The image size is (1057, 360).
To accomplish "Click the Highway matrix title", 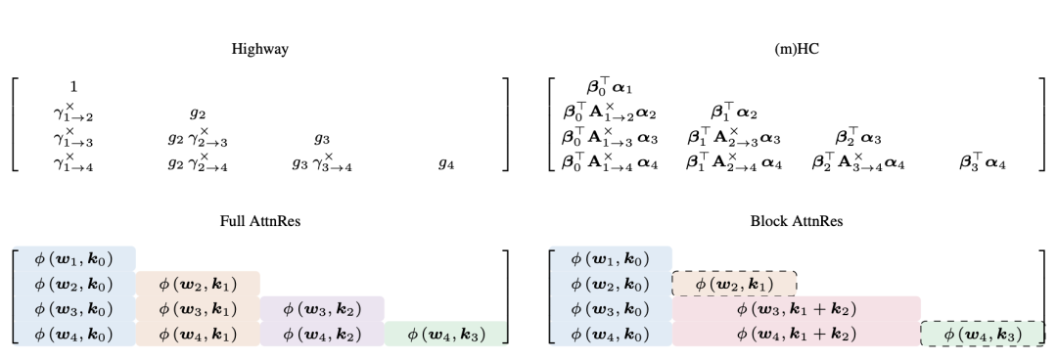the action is click(x=260, y=49).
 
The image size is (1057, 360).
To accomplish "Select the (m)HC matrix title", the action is click(x=797, y=49).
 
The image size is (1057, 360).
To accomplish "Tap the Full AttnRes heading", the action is click(x=260, y=221).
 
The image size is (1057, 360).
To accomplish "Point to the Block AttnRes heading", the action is click(x=797, y=221).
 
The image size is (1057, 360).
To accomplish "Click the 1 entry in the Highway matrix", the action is click(x=73, y=86).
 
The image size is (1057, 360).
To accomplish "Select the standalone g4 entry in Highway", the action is click(x=446, y=163).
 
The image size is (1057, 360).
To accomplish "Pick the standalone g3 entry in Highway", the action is click(x=322, y=139).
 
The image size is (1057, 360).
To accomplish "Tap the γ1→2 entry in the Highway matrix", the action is click(x=73, y=112).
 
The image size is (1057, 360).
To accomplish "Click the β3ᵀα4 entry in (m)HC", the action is click(x=983, y=162).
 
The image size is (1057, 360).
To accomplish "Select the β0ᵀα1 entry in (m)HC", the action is click(x=610, y=86).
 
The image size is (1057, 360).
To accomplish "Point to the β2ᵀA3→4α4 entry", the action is click(x=858, y=162).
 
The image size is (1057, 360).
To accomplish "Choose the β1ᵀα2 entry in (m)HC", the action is click(x=734, y=112).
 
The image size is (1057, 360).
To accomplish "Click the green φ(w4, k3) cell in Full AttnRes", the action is click(x=446, y=335).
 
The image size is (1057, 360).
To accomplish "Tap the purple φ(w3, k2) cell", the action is click(x=322, y=309).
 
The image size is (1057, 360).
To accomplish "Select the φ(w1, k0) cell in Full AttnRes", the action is click(x=73, y=259).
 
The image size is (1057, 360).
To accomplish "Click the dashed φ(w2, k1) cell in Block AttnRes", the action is click(x=734, y=284).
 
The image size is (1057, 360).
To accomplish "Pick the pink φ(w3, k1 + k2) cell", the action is click(x=796, y=309).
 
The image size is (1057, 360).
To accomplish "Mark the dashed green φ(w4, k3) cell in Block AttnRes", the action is click(x=983, y=335).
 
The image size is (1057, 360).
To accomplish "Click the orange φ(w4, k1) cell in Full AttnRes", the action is click(x=198, y=335).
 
